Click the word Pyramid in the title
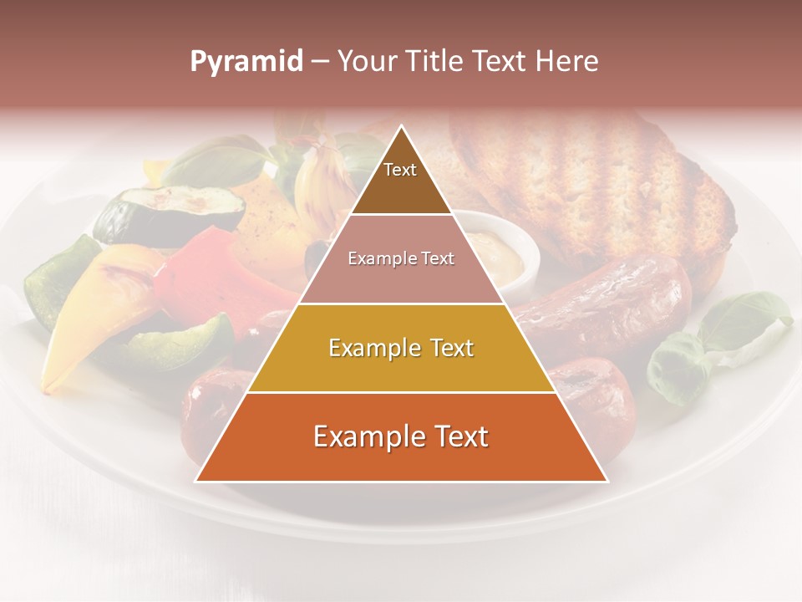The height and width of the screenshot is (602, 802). point(246,62)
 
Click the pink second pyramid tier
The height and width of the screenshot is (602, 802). point(401,259)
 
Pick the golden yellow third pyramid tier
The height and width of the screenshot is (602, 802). point(401,348)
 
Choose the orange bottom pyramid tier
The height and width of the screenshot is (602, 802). point(401,437)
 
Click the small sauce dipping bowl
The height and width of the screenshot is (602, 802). point(505,251)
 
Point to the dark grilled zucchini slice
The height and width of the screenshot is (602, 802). point(159,213)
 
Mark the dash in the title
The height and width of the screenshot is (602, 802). point(319,62)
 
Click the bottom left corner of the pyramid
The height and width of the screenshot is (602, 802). point(196,481)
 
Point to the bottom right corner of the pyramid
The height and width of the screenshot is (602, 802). point(607,481)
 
